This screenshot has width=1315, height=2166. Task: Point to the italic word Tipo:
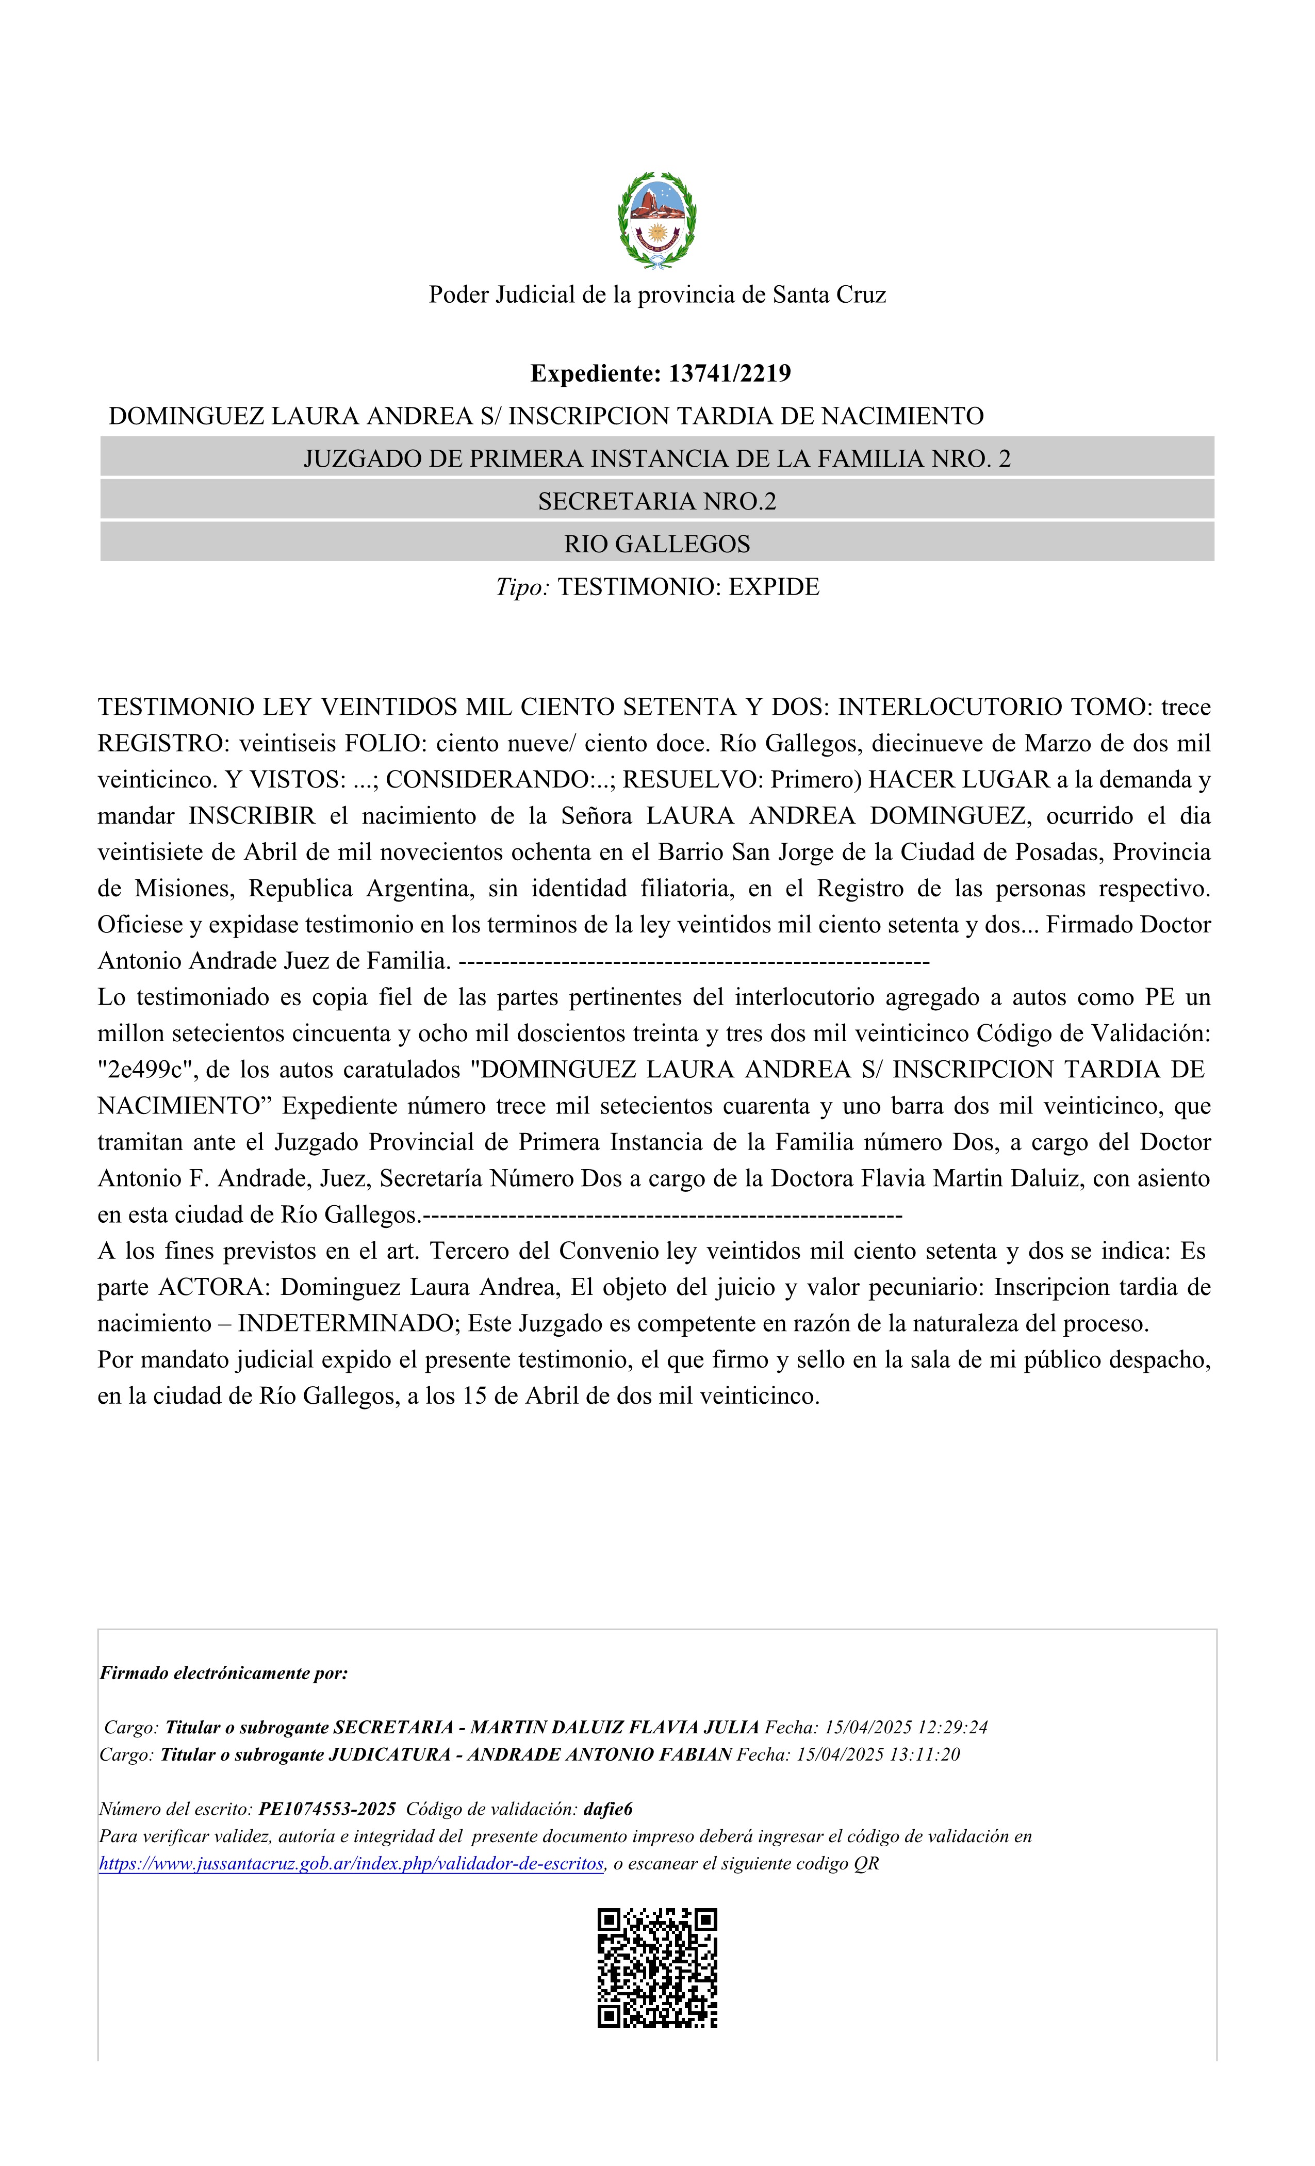click(522, 587)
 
